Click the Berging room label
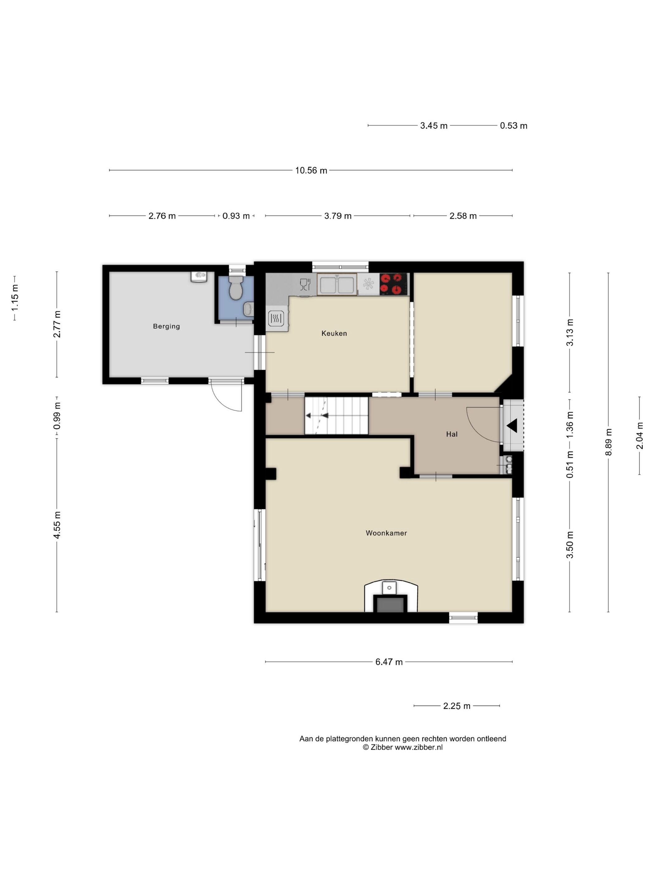coord(166,326)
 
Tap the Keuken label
coord(334,334)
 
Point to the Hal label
coord(452,434)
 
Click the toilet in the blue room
coord(236,287)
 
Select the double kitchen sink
coord(337,285)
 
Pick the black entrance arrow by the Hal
coord(512,426)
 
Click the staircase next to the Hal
coord(336,415)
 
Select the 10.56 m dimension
coord(311,171)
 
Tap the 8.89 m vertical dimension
coord(609,442)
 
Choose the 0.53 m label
coord(514,126)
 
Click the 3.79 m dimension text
coord(338,216)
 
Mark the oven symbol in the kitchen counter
coord(276,318)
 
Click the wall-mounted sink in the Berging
coord(199,276)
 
